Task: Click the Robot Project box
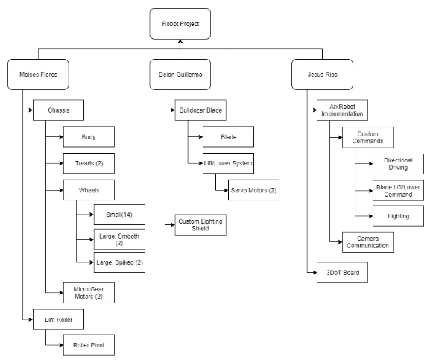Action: (x=180, y=24)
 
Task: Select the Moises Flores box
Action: (x=38, y=75)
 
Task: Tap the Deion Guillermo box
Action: (x=180, y=75)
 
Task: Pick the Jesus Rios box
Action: (x=322, y=75)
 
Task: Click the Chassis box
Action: (x=59, y=110)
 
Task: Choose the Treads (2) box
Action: (x=89, y=163)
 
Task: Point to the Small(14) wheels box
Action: (x=119, y=215)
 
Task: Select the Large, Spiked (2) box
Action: (x=119, y=262)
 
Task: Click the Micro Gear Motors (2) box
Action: (x=89, y=293)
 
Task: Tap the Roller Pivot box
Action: (x=89, y=345)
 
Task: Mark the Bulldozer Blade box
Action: (x=200, y=110)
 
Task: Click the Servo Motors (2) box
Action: (x=254, y=190)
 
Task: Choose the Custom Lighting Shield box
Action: (x=200, y=225)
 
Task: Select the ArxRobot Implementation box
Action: (x=342, y=110)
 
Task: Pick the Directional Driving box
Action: (x=398, y=164)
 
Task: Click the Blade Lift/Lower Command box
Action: (x=398, y=191)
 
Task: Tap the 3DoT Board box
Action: (x=342, y=273)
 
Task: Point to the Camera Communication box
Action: (x=368, y=242)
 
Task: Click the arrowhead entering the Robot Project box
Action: (x=180, y=42)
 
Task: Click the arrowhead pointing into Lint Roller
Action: (x=31, y=320)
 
